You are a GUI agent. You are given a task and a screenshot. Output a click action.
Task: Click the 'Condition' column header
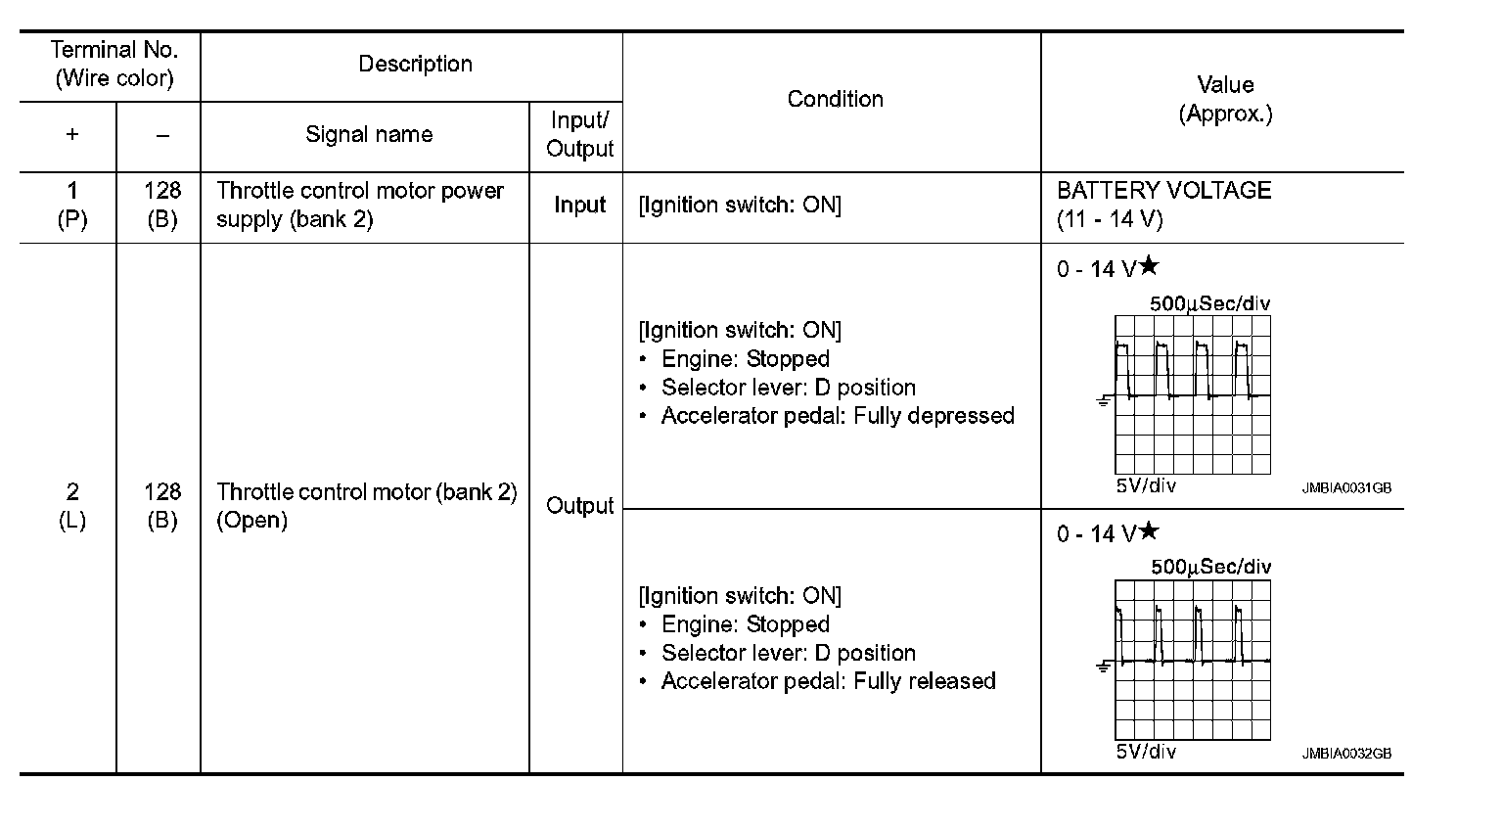pyautogui.click(x=835, y=99)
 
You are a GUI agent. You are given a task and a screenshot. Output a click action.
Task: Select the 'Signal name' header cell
pyautogui.click(x=368, y=135)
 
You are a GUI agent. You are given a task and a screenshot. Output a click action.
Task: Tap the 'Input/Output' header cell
pyautogui.click(x=579, y=135)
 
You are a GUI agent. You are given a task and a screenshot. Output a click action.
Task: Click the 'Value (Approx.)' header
pyautogui.click(x=1224, y=99)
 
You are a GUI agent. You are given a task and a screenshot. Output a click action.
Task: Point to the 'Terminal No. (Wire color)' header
pyautogui.click(x=114, y=65)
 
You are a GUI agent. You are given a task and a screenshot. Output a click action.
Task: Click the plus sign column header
pyautogui.click(x=71, y=135)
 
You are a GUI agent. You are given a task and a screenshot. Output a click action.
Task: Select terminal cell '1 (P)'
pyautogui.click(x=71, y=205)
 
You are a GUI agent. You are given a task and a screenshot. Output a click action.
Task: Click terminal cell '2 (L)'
pyautogui.click(x=71, y=505)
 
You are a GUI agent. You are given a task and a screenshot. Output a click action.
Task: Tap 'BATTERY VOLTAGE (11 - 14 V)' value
pyautogui.click(x=1163, y=205)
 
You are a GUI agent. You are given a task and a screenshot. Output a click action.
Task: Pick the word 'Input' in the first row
pyautogui.click(x=579, y=206)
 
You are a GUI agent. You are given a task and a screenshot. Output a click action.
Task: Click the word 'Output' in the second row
pyautogui.click(x=579, y=506)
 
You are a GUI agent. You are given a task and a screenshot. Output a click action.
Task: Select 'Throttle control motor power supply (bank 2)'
pyautogui.click(x=359, y=205)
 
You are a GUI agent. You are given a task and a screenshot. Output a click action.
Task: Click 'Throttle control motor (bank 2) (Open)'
pyautogui.click(x=366, y=505)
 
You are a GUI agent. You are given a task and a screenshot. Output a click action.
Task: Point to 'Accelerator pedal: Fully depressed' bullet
pyautogui.click(x=838, y=416)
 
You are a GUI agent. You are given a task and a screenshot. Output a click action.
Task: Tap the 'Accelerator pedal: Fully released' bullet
pyautogui.click(x=828, y=681)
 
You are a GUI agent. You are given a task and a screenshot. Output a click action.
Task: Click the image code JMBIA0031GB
pyautogui.click(x=1345, y=487)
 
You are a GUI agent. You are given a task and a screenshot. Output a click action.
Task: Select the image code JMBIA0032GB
pyautogui.click(x=1345, y=754)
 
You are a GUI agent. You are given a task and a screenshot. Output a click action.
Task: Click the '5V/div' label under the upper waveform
pyautogui.click(x=1146, y=486)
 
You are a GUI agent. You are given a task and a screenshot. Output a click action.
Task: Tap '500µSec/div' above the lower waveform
pyautogui.click(x=1210, y=567)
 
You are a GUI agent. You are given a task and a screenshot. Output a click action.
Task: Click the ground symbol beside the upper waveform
pyautogui.click(x=1103, y=401)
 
